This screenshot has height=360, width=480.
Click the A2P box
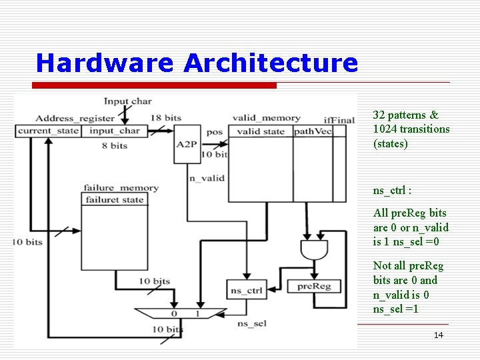187,143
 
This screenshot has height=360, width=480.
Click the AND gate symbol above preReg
314,251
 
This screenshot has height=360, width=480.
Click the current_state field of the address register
48,131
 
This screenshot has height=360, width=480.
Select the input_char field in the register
115,131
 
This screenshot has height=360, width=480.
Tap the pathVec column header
312,131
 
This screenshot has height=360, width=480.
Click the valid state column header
261,131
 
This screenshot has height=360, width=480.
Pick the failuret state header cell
114,199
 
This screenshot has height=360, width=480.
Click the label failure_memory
121,188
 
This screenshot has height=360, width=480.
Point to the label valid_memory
262,118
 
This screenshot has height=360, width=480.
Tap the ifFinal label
339,119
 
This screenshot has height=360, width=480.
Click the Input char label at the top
127,101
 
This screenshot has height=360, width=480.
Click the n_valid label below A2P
207,178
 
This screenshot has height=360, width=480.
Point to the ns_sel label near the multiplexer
251,323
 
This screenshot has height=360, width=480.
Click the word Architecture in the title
270,63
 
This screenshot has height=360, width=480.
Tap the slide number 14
438,335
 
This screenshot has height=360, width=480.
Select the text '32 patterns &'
405,115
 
